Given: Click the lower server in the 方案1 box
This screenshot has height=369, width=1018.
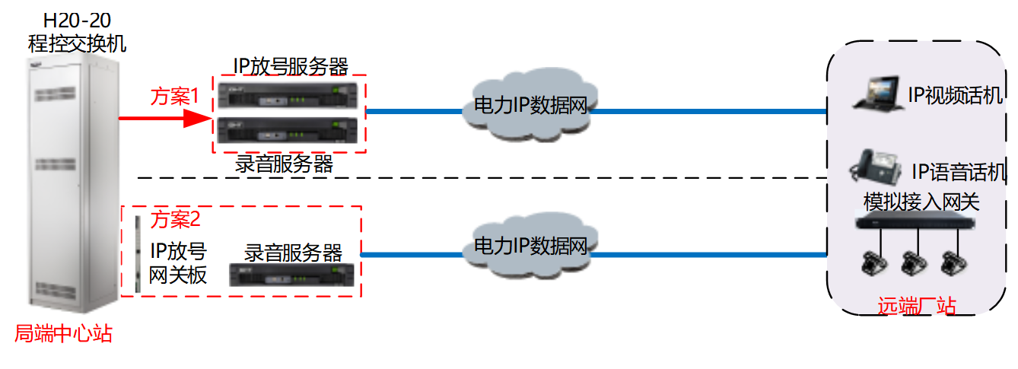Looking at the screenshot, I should click(288, 131).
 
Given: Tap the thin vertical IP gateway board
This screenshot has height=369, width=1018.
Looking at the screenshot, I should click(137, 254).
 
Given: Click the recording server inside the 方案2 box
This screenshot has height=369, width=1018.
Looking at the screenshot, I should click(293, 275).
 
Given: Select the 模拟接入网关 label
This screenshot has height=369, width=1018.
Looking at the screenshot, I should click(921, 202).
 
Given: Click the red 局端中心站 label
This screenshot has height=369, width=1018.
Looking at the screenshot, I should click(63, 333).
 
